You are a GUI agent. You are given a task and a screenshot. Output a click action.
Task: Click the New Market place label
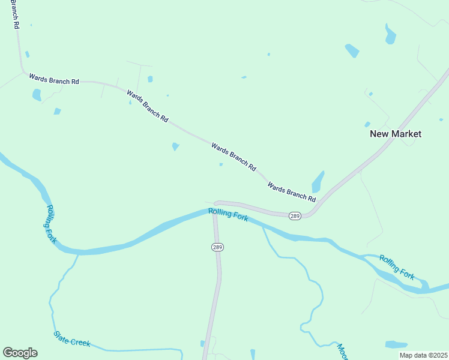click(x=395, y=134)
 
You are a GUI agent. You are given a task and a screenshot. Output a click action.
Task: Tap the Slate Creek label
click(x=71, y=339)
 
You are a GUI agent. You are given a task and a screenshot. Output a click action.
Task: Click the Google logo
click(x=20, y=353)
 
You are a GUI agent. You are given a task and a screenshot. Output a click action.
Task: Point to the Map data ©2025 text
click(x=423, y=355)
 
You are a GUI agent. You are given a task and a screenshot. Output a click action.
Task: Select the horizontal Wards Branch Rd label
click(x=54, y=79)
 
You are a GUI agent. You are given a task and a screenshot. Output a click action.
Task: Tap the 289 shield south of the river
click(x=217, y=247)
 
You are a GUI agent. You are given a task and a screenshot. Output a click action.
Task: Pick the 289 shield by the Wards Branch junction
click(x=294, y=215)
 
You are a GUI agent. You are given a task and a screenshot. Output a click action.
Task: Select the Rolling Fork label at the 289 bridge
click(x=228, y=215)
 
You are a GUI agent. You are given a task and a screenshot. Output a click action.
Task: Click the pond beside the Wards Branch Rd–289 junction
click(x=318, y=181)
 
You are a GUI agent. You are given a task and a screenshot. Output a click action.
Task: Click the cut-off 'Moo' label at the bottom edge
click(x=342, y=352)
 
